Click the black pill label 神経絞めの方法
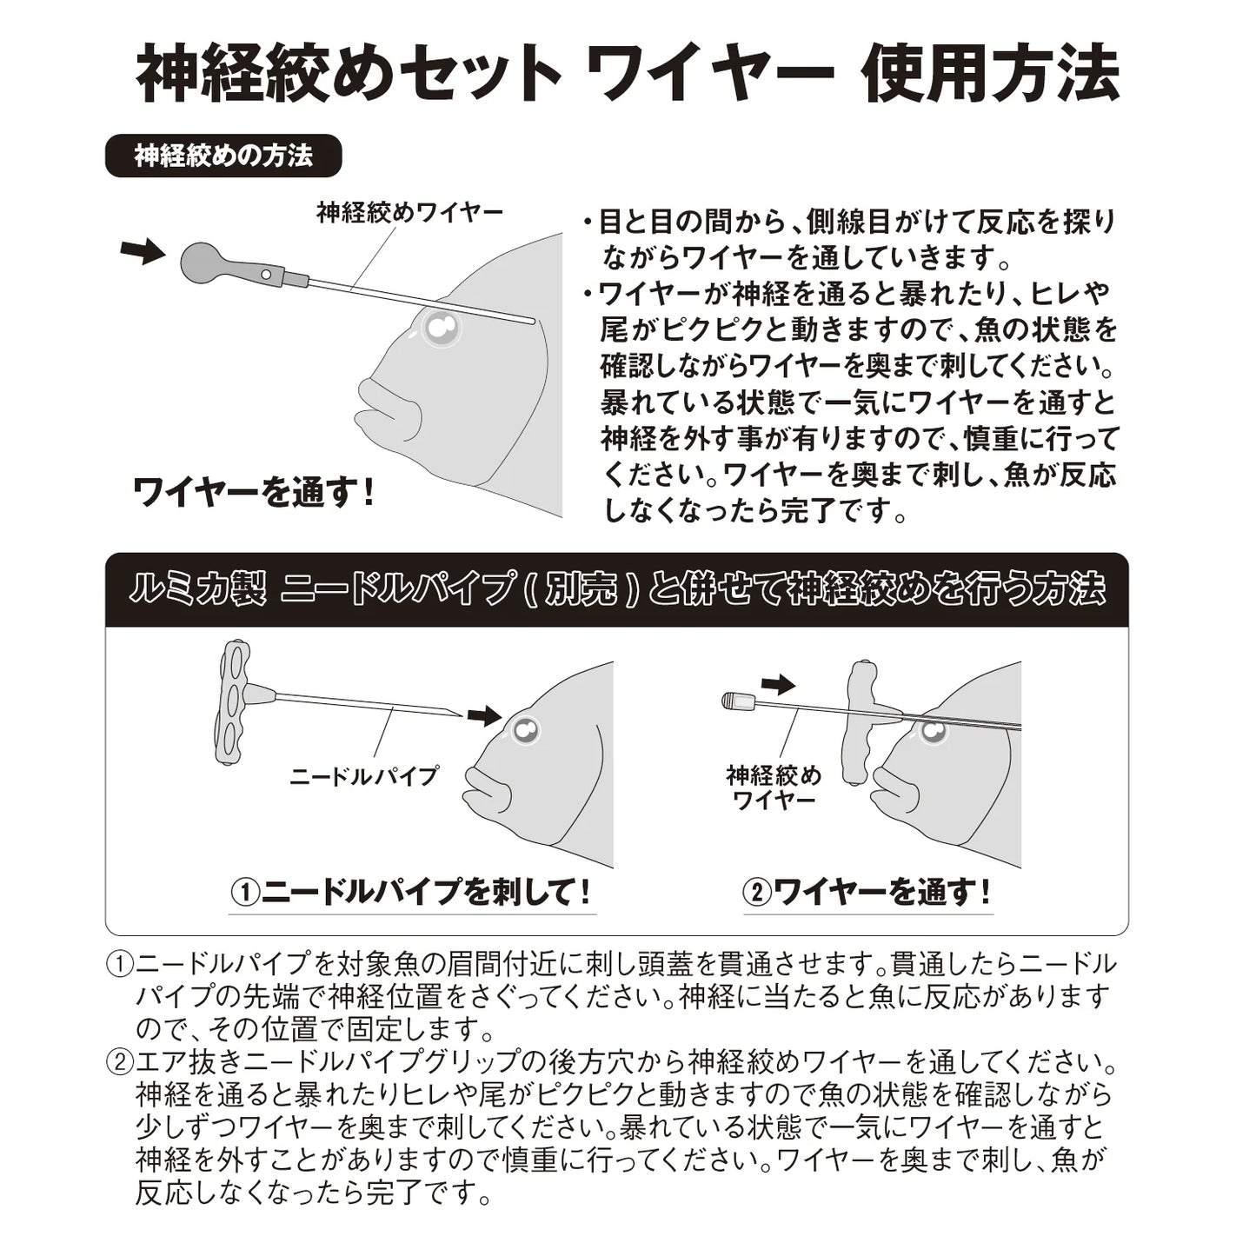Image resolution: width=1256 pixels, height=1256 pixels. (223, 156)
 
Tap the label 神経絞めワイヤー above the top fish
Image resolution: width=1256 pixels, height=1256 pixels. (409, 213)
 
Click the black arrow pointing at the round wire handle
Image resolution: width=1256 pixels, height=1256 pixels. (142, 251)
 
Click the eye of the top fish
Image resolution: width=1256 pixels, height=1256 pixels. (441, 328)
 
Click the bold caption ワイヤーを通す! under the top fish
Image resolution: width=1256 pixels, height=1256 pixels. (253, 493)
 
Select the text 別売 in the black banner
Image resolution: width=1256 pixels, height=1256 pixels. (581, 590)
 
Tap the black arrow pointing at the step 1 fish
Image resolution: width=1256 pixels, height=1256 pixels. (484, 715)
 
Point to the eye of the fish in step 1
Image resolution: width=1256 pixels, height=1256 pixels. (524, 732)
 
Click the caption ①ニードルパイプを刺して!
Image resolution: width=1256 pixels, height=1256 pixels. (412, 892)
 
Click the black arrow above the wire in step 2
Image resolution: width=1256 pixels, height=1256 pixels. (777, 684)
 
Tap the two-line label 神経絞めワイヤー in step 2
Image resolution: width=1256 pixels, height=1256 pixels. (773, 787)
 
